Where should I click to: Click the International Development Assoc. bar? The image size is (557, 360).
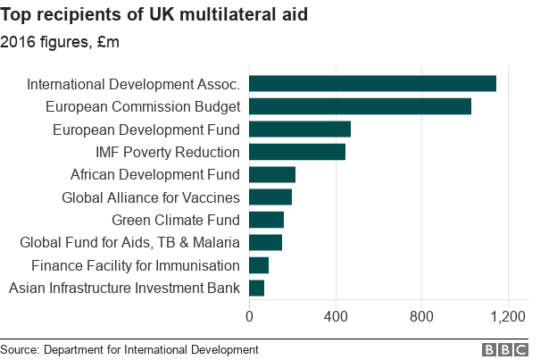pyautogui.click(x=372, y=84)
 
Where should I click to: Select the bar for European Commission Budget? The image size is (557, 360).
pyautogui.click(x=360, y=106)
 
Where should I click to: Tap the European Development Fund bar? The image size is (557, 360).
pyautogui.click(x=299, y=129)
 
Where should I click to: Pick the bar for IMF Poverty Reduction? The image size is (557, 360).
pyautogui.click(x=296, y=152)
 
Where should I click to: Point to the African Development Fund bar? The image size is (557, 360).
pyautogui.click(x=271, y=174)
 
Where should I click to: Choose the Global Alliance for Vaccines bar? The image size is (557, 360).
pyautogui.click(x=270, y=197)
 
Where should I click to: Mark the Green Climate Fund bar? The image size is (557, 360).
pyautogui.click(x=266, y=220)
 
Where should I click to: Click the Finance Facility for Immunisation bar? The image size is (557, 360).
pyautogui.click(x=258, y=264)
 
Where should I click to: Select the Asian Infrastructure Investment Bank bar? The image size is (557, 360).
pyautogui.click(x=256, y=288)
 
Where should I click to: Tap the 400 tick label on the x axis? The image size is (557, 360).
pyautogui.click(x=336, y=315)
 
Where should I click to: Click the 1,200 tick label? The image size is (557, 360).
pyautogui.click(x=509, y=315)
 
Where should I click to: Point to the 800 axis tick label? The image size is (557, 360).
pyautogui.click(x=422, y=315)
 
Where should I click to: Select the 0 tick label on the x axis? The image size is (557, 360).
pyautogui.click(x=249, y=315)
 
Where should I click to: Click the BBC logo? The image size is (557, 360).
pyautogui.click(x=505, y=349)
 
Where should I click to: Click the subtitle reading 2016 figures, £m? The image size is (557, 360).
pyautogui.click(x=60, y=41)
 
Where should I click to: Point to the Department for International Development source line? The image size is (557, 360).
pyautogui.click(x=129, y=349)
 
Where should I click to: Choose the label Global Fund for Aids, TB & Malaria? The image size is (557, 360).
pyautogui.click(x=129, y=242)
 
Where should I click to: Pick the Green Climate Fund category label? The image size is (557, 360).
pyautogui.click(x=175, y=220)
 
